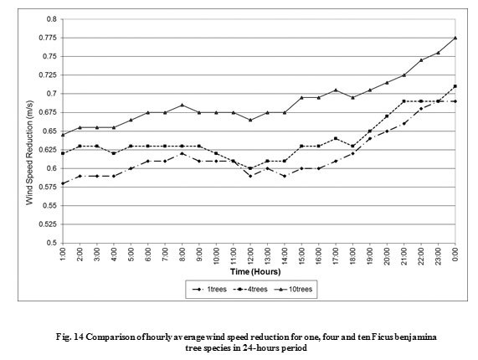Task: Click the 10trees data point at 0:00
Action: tap(455, 38)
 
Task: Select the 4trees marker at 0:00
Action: tap(455, 86)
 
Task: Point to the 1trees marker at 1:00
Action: tap(63, 183)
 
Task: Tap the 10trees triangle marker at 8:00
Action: tap(182, 105)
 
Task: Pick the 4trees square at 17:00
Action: tap(336, 138)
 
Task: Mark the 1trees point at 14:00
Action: tap(285, 176)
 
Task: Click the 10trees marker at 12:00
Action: tap(250, 120)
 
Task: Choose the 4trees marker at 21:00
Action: tap(404, 101)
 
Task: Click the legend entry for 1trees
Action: tap(209, 290)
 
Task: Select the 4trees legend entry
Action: tap(250, 290)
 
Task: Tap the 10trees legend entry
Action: tap(293, 290)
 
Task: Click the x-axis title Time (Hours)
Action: tap(255, 271)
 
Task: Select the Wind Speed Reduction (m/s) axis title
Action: tap(29, 152)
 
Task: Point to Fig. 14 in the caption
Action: tap(68, 337)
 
